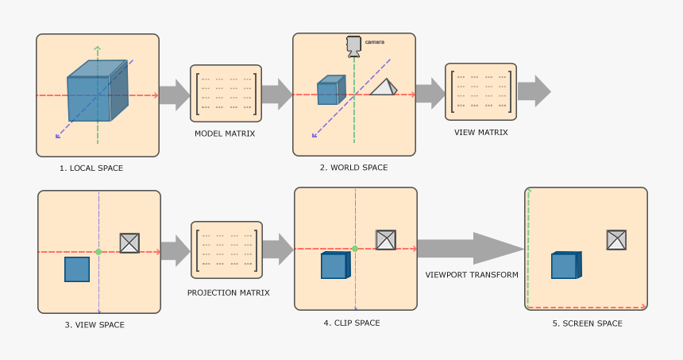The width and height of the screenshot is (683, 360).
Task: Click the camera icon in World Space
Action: (353, 45)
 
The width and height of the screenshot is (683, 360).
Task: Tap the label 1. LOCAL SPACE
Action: (91, 168)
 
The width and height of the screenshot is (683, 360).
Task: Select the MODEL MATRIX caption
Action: (225, 134)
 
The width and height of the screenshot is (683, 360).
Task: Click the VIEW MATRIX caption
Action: (480, 132)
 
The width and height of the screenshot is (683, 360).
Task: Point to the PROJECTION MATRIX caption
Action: (228, 292)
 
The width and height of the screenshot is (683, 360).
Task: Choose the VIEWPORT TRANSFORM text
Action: (472, 275)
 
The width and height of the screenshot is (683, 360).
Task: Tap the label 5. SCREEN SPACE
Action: (587, 323)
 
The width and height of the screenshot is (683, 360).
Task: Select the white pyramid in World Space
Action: (383, 87)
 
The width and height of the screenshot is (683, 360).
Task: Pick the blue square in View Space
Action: (77, 269)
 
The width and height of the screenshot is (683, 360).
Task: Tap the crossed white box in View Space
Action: (129, 243)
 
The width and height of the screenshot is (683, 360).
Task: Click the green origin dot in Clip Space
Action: (355, 249)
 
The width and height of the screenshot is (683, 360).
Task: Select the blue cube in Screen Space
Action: (565, 265)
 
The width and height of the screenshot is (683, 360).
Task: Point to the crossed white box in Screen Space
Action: (616, 240)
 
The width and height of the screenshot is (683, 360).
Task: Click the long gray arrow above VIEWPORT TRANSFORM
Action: (470, 249)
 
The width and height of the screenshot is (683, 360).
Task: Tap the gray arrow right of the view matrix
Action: (534, 91)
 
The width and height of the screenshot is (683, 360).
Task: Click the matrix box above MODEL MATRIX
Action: (226, 93)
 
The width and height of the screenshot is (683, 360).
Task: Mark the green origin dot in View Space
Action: (98, 252)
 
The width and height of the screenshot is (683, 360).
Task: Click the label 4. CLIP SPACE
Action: (352, 323)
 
